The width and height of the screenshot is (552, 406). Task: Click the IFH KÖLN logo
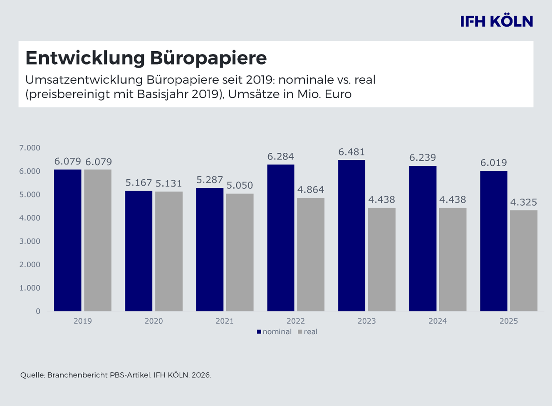(x=496, y=21)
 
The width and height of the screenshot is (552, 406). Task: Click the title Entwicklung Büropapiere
(x=146, y=58)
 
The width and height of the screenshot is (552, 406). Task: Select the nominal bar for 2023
(x=351, y=235)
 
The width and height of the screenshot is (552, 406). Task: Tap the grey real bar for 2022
(x=311, y=254)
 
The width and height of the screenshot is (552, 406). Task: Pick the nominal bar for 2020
(x=139, y=251)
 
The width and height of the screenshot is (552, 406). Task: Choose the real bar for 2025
(x=524, y=260)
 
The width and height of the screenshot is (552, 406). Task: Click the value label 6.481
(x=351, y=152)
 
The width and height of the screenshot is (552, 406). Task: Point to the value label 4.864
(x=311, y=190)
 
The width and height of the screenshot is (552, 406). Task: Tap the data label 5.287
(x=210, y=180)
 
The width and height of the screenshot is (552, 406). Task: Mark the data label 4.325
(x=524, y=202)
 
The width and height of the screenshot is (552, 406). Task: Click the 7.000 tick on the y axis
(x=30, y=148)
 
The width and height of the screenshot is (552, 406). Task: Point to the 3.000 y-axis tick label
(x=30, y=242)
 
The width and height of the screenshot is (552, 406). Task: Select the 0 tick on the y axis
(x=38, y=311)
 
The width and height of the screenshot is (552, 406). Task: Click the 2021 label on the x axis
(x=225, y=321)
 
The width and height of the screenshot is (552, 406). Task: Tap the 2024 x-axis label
(x=438, y=321)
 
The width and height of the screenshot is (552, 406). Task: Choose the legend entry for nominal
(x=275, y=332)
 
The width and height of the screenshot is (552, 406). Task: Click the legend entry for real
(x=308, y=332)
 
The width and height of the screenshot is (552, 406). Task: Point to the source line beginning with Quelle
(x=116, y=375)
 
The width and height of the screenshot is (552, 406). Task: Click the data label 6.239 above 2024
(x=423, y=158)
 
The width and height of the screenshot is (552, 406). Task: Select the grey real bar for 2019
(x=98, y=240)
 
